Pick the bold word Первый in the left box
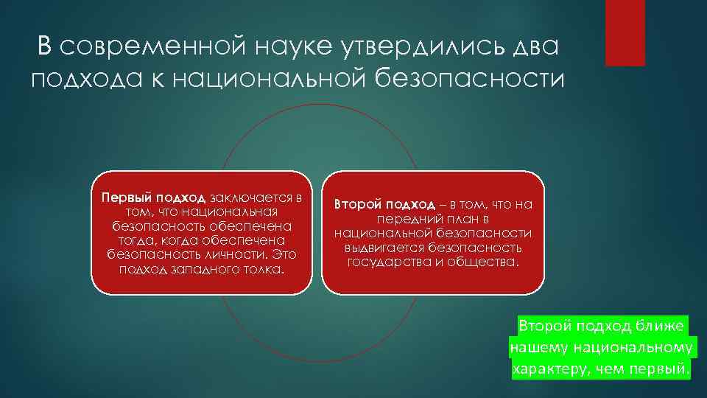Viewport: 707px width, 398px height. pos(124,198)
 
